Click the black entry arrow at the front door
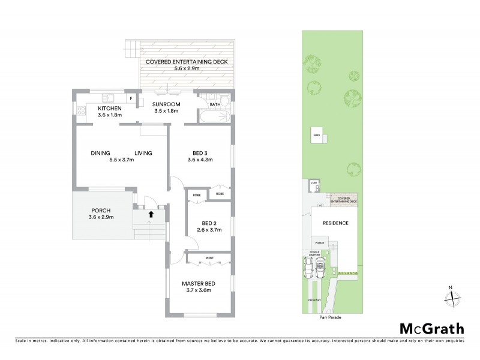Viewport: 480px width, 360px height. [151, 212]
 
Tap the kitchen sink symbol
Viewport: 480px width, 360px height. [107, 98]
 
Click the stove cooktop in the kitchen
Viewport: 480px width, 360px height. [80, 109]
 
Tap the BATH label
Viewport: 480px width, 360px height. [214, 104]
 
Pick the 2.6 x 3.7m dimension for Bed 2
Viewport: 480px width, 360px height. [209, 229]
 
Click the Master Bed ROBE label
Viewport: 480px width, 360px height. [209, 257]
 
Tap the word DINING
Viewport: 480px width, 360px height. [100, 153]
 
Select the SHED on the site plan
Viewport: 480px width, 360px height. [318, 136]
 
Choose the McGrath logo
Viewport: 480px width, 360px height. [431, 328]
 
